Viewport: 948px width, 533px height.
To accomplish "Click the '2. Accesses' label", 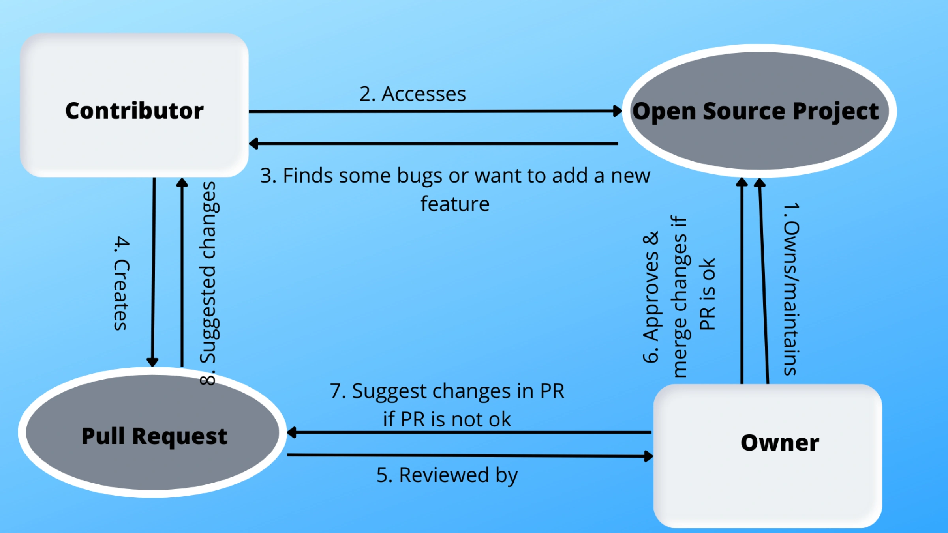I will [413, 94].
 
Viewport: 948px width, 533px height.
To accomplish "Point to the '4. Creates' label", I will [121, 283].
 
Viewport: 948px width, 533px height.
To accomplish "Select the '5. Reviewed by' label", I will [447, 475].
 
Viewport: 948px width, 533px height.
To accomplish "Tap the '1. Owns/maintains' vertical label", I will [791, 289].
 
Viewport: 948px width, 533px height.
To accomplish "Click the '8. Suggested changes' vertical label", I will [208, 283].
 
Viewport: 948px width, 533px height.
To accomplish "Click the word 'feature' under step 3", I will [455, 204].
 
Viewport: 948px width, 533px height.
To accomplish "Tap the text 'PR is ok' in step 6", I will [708, 294].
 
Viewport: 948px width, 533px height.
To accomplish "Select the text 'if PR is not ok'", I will [447, 419].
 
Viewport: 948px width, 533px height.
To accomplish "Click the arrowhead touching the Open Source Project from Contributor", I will [617, 111].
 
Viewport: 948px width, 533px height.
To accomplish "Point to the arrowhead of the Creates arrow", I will [152, 361].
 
